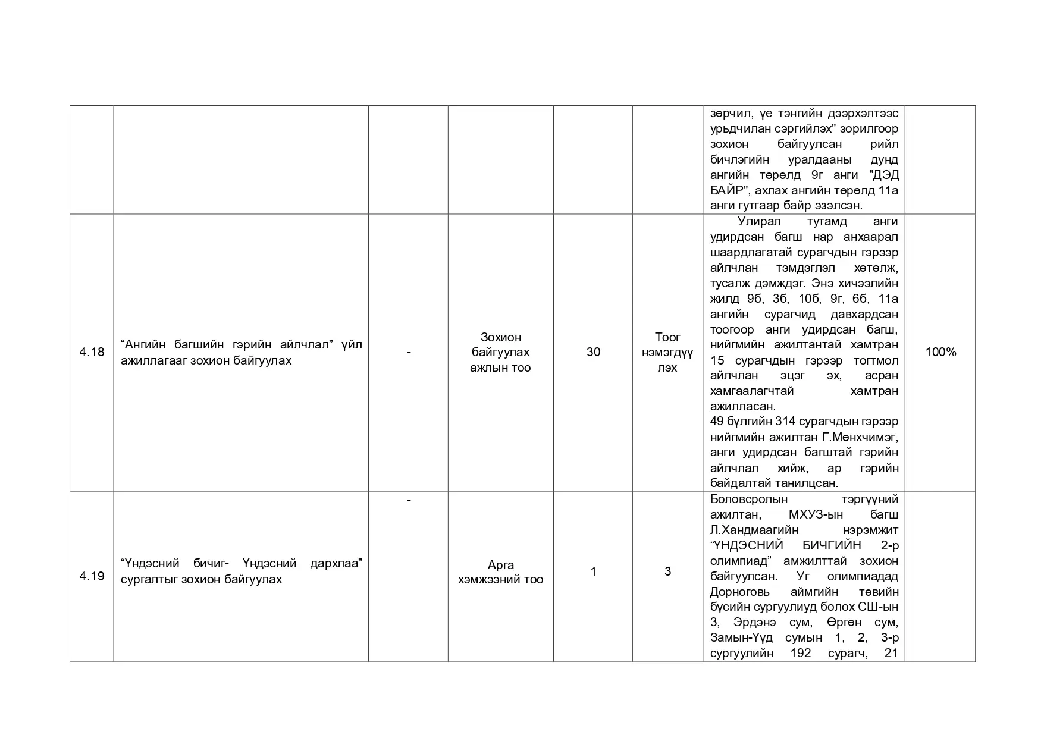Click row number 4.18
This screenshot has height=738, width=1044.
(x=92, y=352)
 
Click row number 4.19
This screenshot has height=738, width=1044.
(x=92, y=576)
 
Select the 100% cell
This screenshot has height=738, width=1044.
(x=940, y=352)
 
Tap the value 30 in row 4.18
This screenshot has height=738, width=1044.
(x=593, y=352)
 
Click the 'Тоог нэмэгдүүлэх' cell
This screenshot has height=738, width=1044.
(x=667, y=352)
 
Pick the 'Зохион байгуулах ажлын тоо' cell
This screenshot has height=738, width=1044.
(x=500, y=352)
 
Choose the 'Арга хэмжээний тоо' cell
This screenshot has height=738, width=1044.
(x=500, y=572)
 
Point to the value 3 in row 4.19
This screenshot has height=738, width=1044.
(x=667, y=571)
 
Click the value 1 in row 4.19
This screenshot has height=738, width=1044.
(x=593, y=571)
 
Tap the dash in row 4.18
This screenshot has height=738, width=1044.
(x=409, y=352)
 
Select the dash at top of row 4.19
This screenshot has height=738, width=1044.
(x=409, y=500)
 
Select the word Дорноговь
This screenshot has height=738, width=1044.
(x=740, y=592)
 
